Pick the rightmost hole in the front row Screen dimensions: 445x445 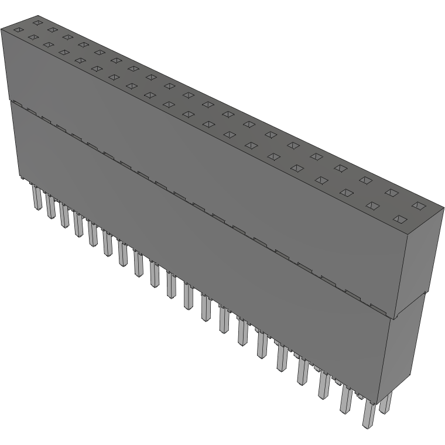click(399, 219)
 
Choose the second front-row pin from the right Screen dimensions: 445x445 click(346, 400)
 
